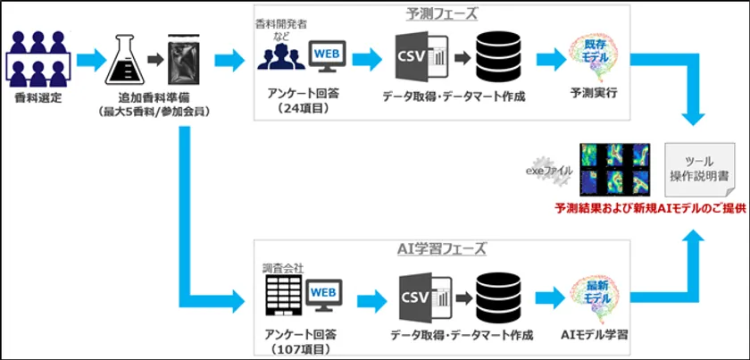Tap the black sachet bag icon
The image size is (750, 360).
coord(185,59)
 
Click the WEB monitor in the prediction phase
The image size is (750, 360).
coord(325,56)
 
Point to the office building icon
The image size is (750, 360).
coord(282,293)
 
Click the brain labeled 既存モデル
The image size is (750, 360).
coord(593,55)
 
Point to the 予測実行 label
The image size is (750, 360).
coord(594,93)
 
